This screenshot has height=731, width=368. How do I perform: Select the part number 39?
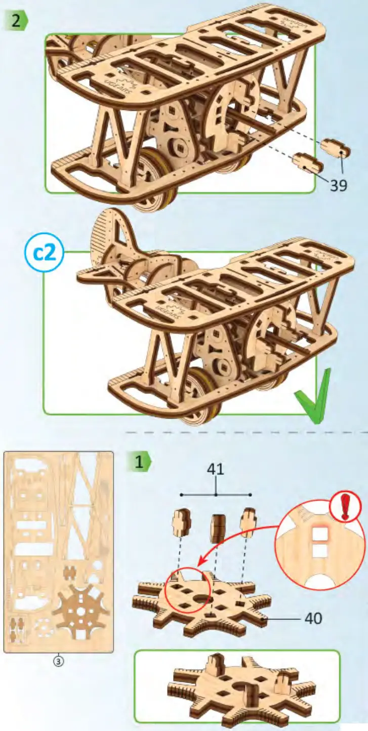point(339,185)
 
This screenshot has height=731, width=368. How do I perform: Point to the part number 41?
point(216,469)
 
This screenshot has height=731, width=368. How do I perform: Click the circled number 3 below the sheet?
point(58,661)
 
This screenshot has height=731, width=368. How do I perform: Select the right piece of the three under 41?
point(249,523)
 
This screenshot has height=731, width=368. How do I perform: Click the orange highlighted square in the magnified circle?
point(320,534)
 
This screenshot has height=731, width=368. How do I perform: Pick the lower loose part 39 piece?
point(307,163)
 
